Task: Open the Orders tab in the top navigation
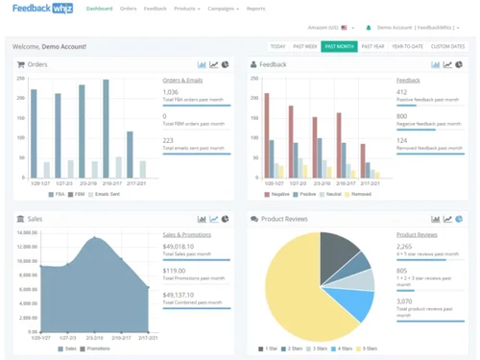[x=128, y=9]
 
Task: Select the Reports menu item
[x=255, y=9]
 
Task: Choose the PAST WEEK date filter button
[x=304, y=46]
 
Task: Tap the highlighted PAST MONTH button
[x=339, y=46]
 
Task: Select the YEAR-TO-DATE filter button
[x=407, y=46]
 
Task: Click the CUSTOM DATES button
[x=447, y=46]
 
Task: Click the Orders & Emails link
[x=182, y=81]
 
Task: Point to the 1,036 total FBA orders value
[x=171, y=92]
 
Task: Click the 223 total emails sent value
[x=169, y=140]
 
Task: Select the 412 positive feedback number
[x=402, y=92]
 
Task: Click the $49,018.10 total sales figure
[x=179, y=246]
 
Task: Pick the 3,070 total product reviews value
[x=405, y=301]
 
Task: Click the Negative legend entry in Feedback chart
[x=278, y=194]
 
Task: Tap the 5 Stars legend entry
[x=367, y=348]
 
